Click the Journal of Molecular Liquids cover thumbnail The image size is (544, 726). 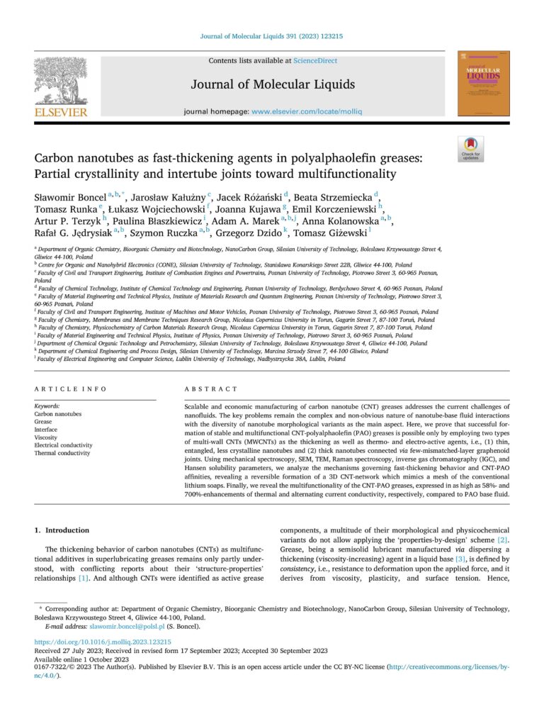pyautogui.click(x=482, y=83)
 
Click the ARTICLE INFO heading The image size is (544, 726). pyautogui.click(x=71, y=389)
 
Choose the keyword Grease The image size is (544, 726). pyautogui.click(x=43, y=422)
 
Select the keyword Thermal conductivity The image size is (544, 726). pyautogui.click(x=62, y=453)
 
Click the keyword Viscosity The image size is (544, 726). pyautogui.click(x=47, y=437)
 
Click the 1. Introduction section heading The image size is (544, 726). pyautogui.click(x=62, y=530)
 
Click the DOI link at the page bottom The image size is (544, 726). pyautogui.click(x=103, y=642)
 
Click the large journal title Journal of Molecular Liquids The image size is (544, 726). pyautogui.click(x=273, y=86)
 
